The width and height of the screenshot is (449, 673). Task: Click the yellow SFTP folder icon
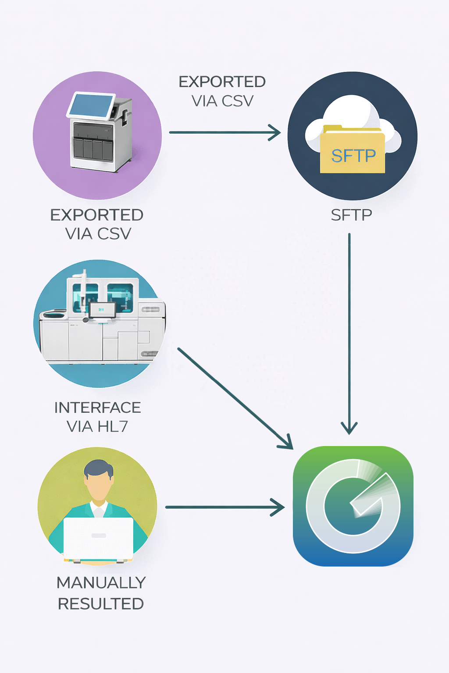pyautogui.click(x=353, y=151)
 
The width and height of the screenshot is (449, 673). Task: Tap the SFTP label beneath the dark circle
pyautogui.click(x=351, y=215)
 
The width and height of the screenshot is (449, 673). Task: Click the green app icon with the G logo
pyautogui.click(x=353, y=506)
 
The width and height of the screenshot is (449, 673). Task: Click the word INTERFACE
pyautogui.click(x=97, y=407)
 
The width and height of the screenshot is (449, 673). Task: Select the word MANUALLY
pyautogui.click(x=101, y=583)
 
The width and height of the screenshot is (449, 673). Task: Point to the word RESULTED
pyautogui.click(x=101, y=604)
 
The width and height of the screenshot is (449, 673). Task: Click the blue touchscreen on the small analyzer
pyautogui.click(x=91, y=105)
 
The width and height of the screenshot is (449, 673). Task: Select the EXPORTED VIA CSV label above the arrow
pyautogui.click(x=222, y=91)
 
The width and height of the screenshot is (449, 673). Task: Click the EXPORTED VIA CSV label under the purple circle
pyautogui.click(x=97, y=224)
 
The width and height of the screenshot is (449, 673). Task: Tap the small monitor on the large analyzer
pyautogui.click(x=103, y=310)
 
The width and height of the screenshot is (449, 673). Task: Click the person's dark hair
pyautogui.click(x=99, y=468)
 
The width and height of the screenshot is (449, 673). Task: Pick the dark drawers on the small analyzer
pyautogui.click(x=93, y=148)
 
